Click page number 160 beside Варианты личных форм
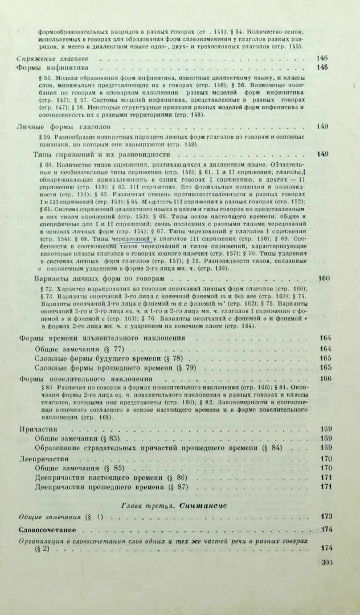[x=324, y=279]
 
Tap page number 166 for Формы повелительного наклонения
[x=326, y=378]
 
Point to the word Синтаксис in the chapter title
[x=198, y=505]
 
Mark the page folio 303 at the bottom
[x=327, y=562]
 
